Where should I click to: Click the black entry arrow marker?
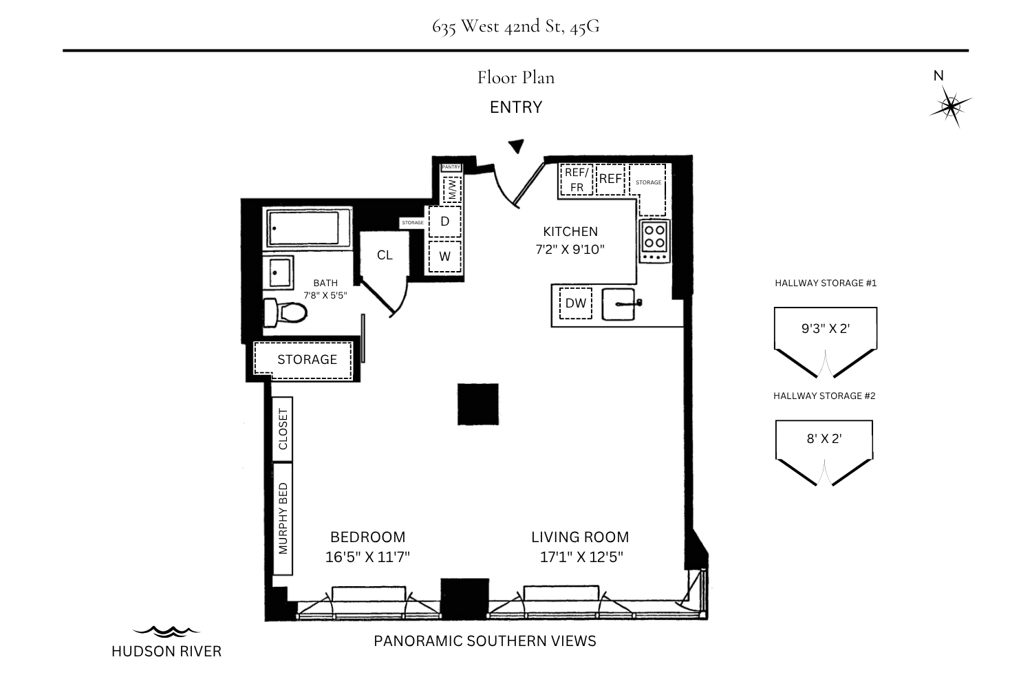(x=517, y=146)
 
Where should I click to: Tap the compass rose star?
(x=950, y=107)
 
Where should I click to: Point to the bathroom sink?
(x=278, y=272)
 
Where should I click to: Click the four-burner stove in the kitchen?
(x=655, y=241)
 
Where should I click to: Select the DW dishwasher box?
(x=576, y=303)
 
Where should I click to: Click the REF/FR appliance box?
(x=577, y=180)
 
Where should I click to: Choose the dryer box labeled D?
(x=444, y=222)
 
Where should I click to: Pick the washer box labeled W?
(x=444, y=256)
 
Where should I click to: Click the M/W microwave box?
(x=452, y=189)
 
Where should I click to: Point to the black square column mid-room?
(x=478, y=404)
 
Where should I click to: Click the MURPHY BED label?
(x=283, y=519)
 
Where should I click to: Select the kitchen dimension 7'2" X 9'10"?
(x=570, y=249)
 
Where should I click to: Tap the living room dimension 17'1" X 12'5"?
(x=581, y=557)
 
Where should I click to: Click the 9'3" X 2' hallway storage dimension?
(x=826, y=329)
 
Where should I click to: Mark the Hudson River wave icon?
(x=166, y=632)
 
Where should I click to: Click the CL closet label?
(x=385, y=255)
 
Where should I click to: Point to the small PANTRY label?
(x=451, y=167)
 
